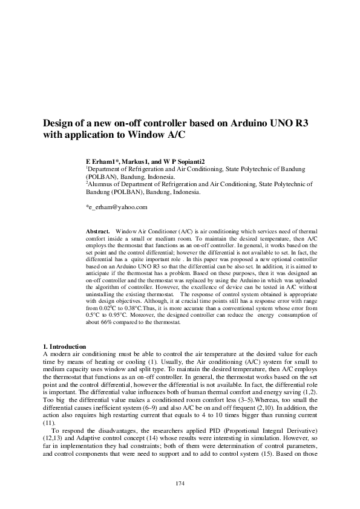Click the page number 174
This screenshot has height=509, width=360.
180,483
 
